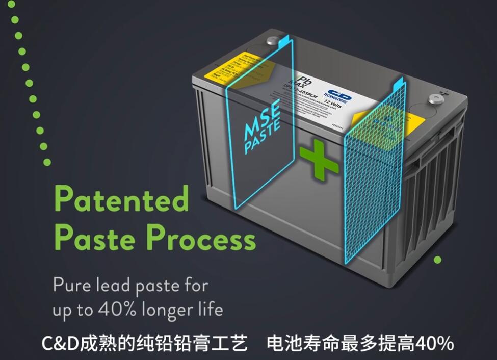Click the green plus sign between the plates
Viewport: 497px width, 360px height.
click(x=319, y=162)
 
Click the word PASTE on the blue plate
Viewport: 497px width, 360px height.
click(x=262, y=137)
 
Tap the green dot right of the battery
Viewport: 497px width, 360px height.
click(x=437, y=260)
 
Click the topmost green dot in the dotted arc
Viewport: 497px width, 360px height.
click(x=15, y=19)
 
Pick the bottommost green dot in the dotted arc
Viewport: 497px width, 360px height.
click(x=47, y=162)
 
